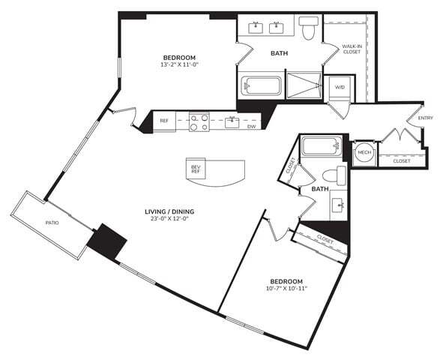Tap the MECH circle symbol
pos(364,152)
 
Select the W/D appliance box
pos(340,88)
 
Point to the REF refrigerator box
pos(163,121)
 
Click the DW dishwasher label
pos(251,126)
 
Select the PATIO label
pos(52,223)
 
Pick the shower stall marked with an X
pos(304,85)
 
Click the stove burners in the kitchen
pos(199,121)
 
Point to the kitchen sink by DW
pos(232,120)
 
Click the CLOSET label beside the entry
pos(401,160)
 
